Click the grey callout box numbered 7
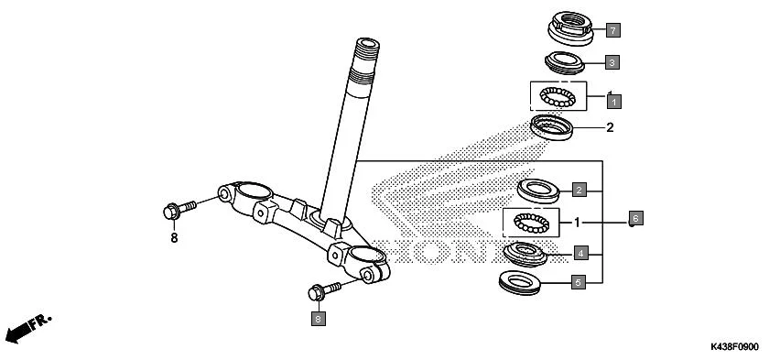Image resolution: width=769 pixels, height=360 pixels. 612,30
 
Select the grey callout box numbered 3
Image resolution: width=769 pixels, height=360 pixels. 612,62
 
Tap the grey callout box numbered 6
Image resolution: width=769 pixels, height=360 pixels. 636,219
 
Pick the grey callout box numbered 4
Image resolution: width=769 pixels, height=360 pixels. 579,252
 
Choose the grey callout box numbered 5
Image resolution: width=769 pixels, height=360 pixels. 578,283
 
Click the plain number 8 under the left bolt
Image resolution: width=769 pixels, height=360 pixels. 172,238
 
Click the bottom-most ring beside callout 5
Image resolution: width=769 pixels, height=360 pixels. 525,281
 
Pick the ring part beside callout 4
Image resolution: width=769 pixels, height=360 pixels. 527,251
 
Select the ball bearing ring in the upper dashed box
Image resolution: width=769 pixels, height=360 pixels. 558,95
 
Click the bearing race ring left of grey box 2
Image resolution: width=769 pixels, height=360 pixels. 539,191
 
